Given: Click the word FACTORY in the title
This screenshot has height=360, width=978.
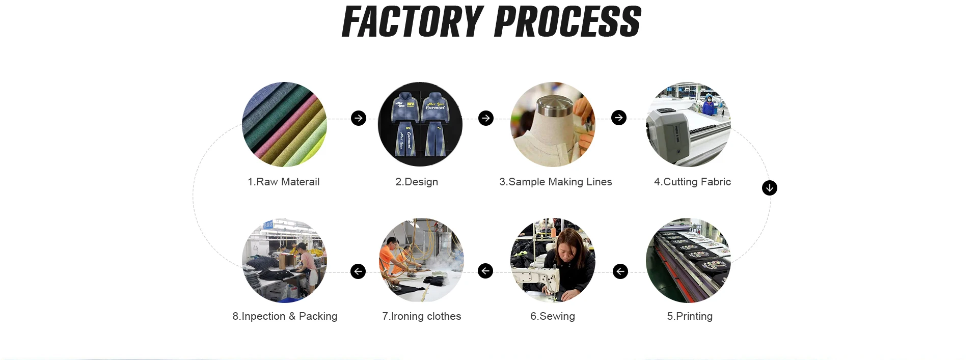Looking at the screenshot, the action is tap(412, 22).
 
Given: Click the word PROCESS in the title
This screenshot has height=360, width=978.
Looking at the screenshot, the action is tap(567, 22).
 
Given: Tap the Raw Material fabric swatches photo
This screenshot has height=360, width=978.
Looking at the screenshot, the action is tap(284, 124).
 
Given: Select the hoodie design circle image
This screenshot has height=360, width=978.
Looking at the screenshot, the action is tap(420, 124).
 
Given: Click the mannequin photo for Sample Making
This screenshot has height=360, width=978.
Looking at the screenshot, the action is tap(553, 124).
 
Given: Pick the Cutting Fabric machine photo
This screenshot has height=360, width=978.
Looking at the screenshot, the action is tap(688, 124).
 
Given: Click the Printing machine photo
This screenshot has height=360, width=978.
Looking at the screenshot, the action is tap(688, 261).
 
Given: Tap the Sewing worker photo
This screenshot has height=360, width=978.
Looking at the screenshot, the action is tap(553, 261).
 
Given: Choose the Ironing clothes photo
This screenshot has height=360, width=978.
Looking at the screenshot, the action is tap(421, 261).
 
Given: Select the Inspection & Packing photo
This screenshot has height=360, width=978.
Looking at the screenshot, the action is tap(284, 261).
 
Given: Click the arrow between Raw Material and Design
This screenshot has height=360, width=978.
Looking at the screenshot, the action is tap(359, 118).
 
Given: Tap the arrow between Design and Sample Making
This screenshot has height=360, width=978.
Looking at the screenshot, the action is tap(486, 118).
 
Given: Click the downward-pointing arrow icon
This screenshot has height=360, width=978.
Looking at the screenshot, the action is tap(770, 188).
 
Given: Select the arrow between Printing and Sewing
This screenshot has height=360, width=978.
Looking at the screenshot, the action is tap(620, 271).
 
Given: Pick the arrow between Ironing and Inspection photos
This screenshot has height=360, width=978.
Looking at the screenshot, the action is tap(358, 271).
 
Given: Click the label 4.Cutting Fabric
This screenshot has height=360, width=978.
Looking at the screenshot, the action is tap(692, 182).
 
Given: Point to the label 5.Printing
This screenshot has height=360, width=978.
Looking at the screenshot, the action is tap(690, 316).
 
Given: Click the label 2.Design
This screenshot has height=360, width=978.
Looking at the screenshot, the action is tap(417, 182).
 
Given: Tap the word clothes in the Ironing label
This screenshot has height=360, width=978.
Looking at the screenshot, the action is tap(444, 316).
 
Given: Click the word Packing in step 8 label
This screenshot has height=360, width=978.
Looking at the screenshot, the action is tap(318, 316).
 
